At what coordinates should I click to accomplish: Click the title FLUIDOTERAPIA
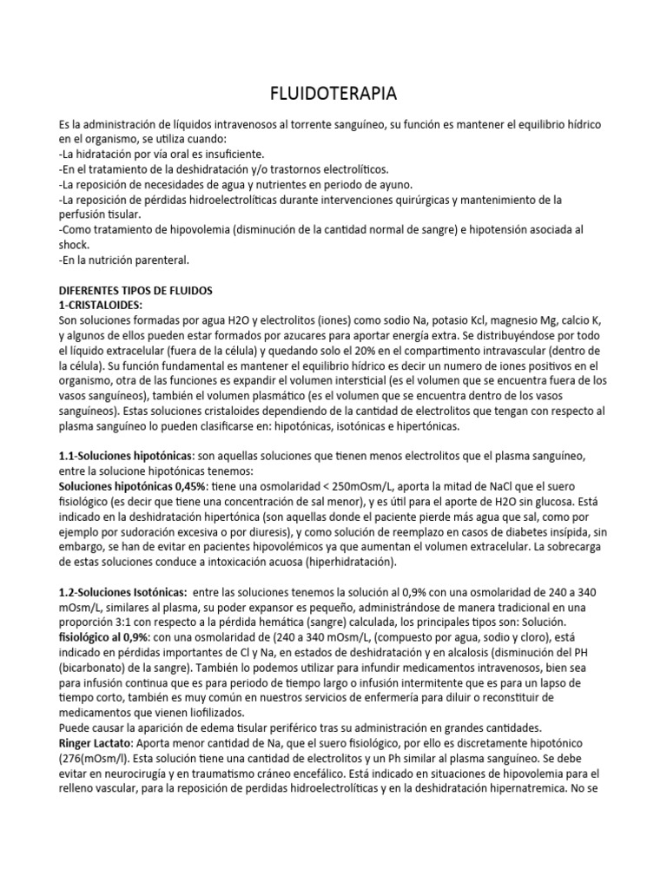[x=333, y=93]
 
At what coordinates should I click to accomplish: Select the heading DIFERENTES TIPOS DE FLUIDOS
[x=135, y=289]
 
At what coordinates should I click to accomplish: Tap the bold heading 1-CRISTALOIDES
[x=101, y=306]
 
